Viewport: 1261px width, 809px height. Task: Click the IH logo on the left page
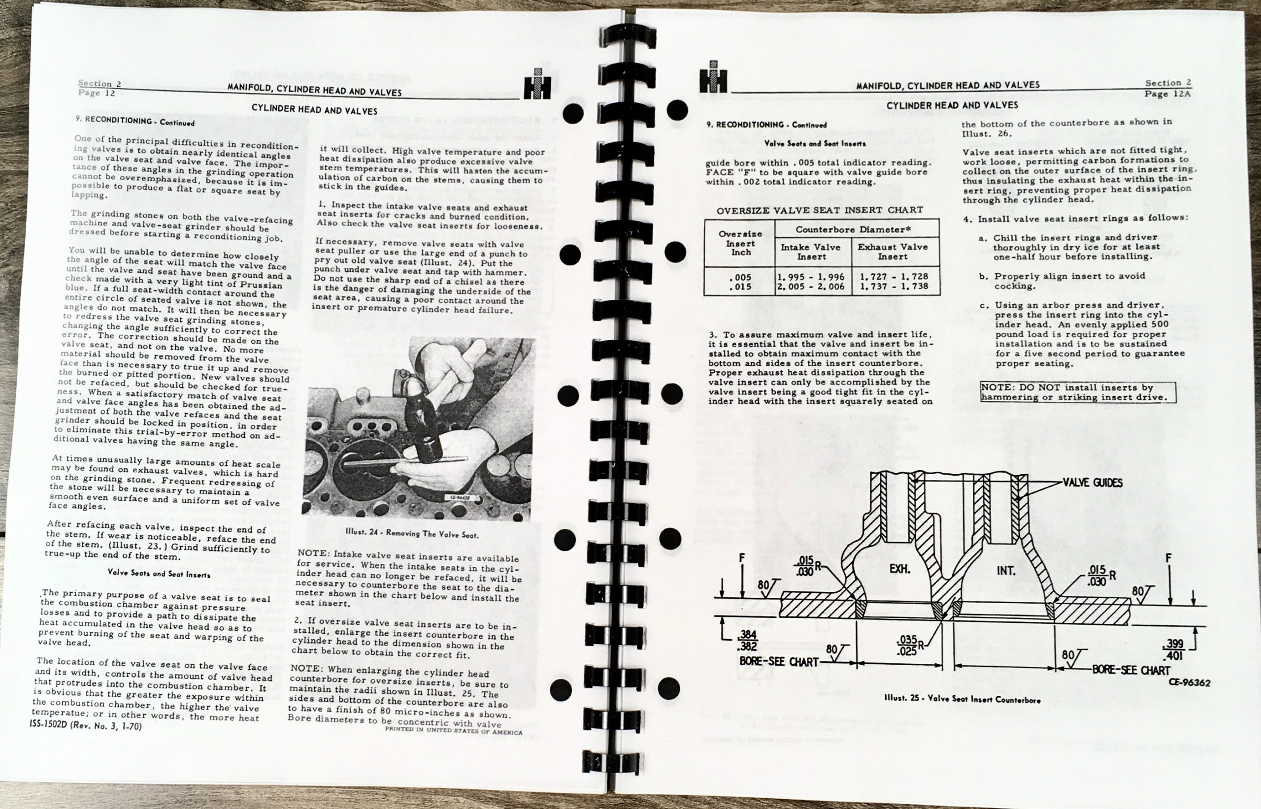537,85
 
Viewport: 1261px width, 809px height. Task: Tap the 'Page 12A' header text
1167,94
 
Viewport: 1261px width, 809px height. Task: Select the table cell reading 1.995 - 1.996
811,277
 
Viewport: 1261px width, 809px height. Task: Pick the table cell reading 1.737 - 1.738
894,286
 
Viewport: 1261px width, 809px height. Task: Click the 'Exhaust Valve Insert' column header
893,252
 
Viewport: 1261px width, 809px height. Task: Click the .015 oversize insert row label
740,287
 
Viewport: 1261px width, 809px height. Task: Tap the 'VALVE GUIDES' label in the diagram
1093,482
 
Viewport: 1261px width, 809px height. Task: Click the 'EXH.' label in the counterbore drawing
899,569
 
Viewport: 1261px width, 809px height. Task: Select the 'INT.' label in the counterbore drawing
1006,571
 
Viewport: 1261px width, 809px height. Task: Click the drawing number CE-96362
1190,683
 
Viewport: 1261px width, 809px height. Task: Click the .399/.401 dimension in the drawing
1173,649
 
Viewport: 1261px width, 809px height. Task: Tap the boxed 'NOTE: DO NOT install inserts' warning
1078,392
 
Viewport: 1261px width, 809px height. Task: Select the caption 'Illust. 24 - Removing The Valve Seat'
412,534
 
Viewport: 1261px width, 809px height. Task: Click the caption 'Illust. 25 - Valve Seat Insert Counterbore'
962,700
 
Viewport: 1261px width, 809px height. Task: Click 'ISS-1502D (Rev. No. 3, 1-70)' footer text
86,726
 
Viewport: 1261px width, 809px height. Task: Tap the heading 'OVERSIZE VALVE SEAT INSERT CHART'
820,210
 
